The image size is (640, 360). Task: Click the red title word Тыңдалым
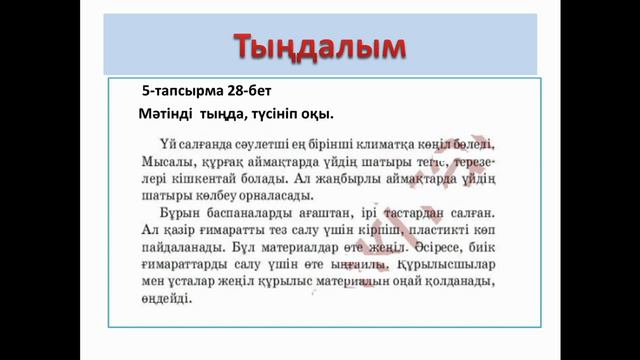coord(320,46)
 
